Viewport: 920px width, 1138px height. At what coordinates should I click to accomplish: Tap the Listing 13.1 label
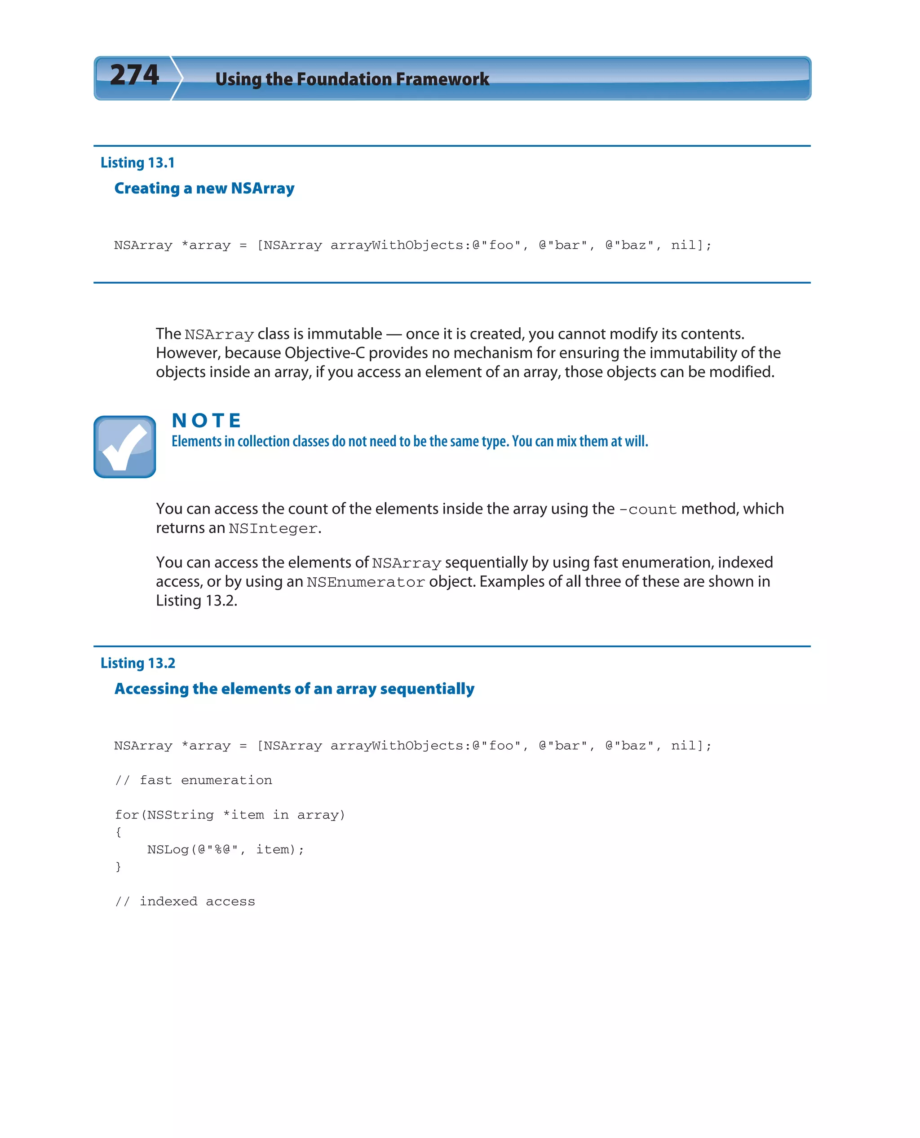[x=137, y=163]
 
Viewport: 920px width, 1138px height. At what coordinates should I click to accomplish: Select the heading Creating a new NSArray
[x=204, y=188]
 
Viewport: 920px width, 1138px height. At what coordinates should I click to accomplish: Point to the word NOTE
[x=207, y=421]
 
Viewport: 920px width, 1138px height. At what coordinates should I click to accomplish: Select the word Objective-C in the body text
[x=324, y=353]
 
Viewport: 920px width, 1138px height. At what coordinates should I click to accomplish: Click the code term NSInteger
[x=273, y=528]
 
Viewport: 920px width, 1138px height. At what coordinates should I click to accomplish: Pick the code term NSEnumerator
[x=366, y=582]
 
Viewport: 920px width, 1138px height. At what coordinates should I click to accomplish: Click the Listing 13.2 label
[x=138, y=663]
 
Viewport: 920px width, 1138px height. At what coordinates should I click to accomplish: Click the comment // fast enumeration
[x=194, y=780]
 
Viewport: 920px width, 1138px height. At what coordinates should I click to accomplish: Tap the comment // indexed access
[x=185, y=901]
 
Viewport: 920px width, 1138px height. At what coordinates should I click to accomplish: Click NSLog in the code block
[x=168, y=849]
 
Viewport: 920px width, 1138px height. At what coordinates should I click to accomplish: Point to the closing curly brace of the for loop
[x=118, y=866]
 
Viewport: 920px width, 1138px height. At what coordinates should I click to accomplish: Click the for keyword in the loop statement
[x=127, y=814]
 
